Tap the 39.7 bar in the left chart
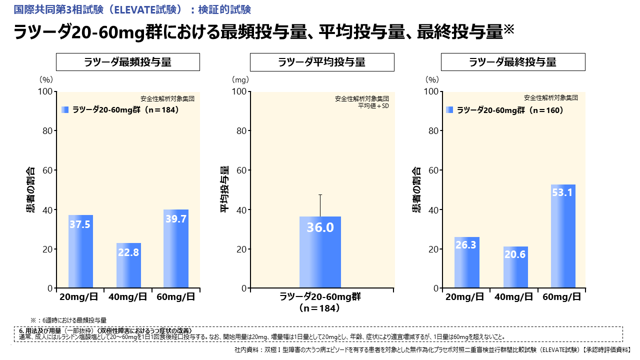point(176,249)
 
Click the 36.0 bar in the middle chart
point(320,252)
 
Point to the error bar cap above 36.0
point(320,194)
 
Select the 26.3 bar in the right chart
point(466,262)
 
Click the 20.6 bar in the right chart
point(515,267)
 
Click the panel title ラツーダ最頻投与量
point(127,62)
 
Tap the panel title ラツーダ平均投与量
point(322,62)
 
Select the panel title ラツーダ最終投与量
point(513,62)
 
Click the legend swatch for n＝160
point(449,110)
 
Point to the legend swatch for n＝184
point(65,110)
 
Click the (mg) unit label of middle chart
point(240,79)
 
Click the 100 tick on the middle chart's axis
point(240,91)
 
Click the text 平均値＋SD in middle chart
point(373,105)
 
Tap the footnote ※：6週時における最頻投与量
point(68,319)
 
